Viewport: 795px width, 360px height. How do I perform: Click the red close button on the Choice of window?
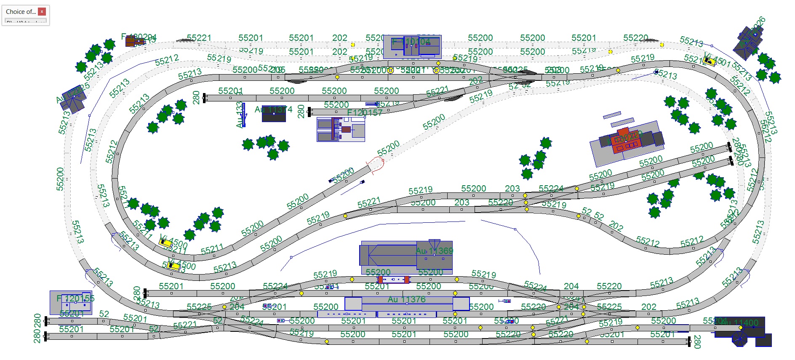[x=42, y=11]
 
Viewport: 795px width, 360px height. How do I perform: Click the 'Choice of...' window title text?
[x=21, y=12]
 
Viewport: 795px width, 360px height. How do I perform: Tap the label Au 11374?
[x=273, y=109]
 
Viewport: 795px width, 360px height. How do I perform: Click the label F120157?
[x=365, y=112]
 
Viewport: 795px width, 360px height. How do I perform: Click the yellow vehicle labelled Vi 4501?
[x=709, y=61]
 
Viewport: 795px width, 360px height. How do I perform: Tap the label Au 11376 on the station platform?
[x=406, y=299]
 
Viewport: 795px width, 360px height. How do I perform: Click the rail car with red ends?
[x=393, y=279]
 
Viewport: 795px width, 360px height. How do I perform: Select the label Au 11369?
[x=435, y=251]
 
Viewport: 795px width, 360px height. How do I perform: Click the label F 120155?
[x=75, y=299]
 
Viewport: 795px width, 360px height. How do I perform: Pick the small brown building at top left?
[x=134, y=41]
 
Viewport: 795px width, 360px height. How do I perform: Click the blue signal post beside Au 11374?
[x=243, y=115]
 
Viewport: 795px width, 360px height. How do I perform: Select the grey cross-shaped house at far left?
[x=74, y=101]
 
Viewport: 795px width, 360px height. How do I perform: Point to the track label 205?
[x=277, y=69]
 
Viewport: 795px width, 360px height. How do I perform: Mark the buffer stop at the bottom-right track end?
[x=689, y=341]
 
